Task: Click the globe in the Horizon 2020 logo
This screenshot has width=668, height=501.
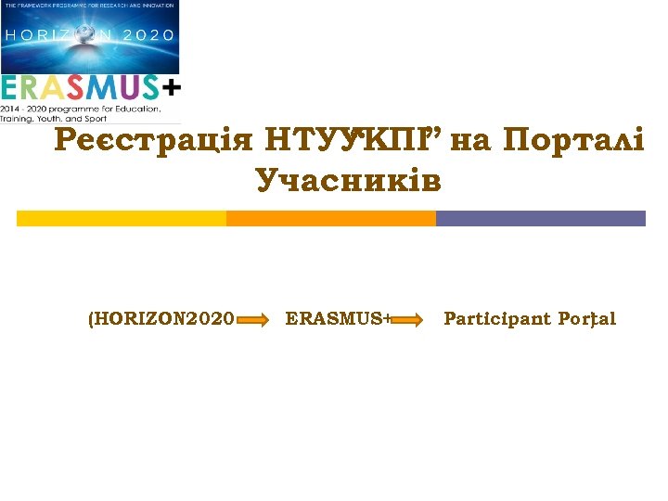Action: pos(84,34)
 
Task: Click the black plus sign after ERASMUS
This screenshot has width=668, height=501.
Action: pos(173,86)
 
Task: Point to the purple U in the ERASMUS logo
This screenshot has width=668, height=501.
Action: pos(127,87)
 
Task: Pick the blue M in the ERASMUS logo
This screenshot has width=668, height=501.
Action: pos(105,87)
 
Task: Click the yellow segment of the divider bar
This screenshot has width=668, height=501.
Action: pos(122,219)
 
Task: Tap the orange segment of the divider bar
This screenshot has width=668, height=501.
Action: pos(331,219)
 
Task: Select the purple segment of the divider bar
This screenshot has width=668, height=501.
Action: pos(540,219)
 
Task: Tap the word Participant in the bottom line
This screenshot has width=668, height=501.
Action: pos(496,319)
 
